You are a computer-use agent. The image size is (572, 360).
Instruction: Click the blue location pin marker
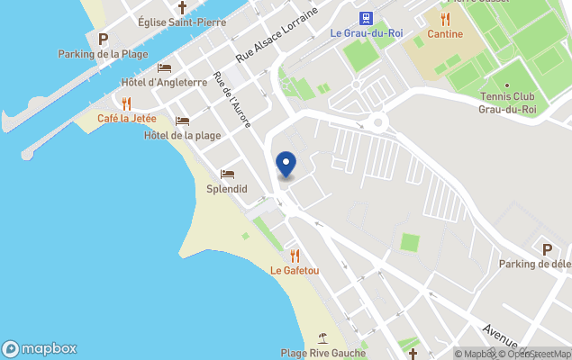[x=286, y=165]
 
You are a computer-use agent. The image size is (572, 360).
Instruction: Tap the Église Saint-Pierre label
[x=181, y=22]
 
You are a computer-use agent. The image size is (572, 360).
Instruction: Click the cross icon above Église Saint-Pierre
[x=181, y=7]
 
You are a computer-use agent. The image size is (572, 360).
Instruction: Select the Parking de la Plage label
[x=103, y=54]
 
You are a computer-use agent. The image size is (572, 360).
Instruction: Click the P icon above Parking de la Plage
[x=103, y=39]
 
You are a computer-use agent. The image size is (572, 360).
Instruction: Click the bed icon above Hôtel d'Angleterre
[x=164, y=67]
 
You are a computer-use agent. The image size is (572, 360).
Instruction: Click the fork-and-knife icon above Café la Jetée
[x=127, y=103]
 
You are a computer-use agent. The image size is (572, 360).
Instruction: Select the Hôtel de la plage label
[x=182, y=136]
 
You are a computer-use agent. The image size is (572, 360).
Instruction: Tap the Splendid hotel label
[x=227, y=189]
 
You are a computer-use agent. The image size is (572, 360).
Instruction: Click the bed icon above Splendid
[x=227, y=174]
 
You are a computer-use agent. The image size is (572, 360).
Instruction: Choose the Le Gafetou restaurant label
[x=295, y=270]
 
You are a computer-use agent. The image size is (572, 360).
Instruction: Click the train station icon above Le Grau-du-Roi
[x=367, y=18]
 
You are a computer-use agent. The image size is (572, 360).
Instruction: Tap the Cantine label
[x=446, y=34]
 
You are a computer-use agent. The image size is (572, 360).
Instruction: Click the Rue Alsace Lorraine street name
[x=277, y=34]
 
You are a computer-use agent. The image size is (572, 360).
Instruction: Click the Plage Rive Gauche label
[x=322, y=353]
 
